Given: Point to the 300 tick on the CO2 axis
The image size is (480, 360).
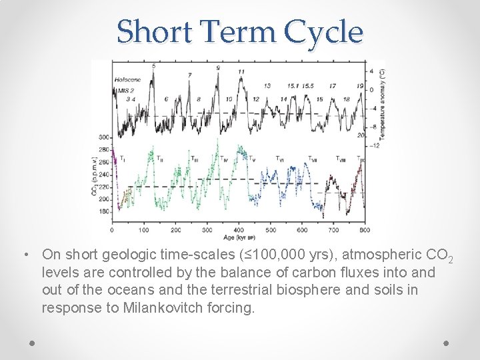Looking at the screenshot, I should coord(104,137).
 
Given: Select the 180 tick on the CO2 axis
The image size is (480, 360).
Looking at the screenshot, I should coord(104,211).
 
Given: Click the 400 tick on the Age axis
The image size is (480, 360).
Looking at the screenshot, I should coord(239,230).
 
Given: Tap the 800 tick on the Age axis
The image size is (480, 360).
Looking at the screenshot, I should coord(364,230).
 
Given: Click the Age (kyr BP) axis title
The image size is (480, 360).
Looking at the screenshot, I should coord(238,237).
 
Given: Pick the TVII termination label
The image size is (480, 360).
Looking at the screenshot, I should coord(312,159).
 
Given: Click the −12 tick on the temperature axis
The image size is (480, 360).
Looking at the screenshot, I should coord(375,145).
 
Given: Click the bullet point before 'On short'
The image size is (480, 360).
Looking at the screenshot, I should coord(24,255).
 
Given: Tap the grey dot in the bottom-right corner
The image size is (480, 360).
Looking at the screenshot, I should coord(446,343).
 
